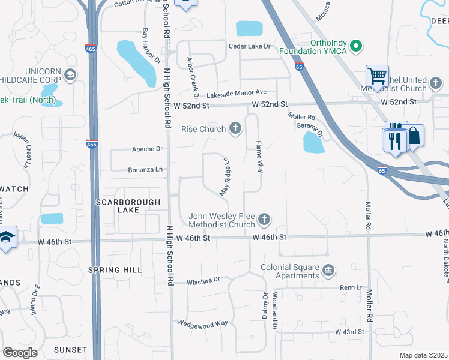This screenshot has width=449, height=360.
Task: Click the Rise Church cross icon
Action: coord(235,129)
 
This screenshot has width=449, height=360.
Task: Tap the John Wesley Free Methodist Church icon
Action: coord(264,220)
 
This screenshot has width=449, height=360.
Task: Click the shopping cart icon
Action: coord(377,76)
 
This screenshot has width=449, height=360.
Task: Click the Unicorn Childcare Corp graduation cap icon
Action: coord(70,74)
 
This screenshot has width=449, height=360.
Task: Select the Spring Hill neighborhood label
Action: coord(115,270)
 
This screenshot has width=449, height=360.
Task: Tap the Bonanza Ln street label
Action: coord(145,170)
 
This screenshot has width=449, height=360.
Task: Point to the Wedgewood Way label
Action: coord(203,323)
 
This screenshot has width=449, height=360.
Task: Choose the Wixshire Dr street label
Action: coord(203,280)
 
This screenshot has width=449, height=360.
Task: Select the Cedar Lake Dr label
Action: coord(250,46)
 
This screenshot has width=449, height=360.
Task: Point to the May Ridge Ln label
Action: coord(225,177)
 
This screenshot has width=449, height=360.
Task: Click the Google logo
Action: coord(20,352)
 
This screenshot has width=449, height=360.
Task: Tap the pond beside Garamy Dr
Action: coord(314,143)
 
